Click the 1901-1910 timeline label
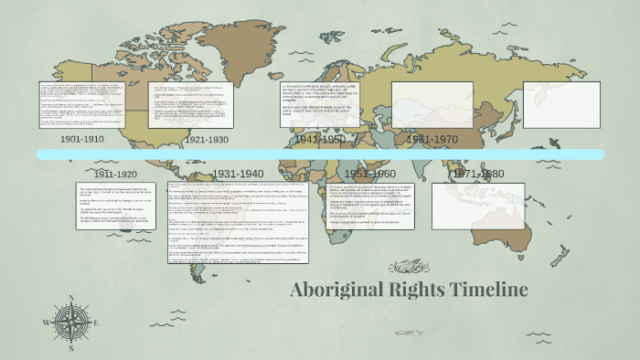pos(82,140)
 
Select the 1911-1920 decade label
pos(115,174)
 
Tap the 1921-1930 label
pos(206,140)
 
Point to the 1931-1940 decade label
pos(238,174)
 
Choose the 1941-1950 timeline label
pos(320,140)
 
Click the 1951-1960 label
pos(369,174)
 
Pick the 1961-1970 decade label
pos(432,140)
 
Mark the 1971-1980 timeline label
pos(479,174)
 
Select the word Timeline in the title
pos(495,291)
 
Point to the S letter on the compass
pos(69,350)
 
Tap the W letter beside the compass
pos(46,323)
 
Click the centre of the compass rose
pos(69,323)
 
